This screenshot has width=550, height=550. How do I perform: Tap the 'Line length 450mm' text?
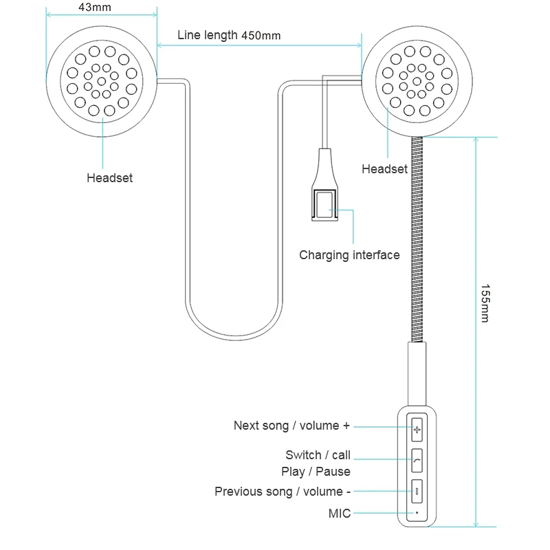pyautogui.click(x=228, y=35)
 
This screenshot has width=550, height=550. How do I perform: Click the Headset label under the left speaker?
pyautogui.click(x=109, y=178)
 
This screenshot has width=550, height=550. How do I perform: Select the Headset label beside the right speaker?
pyautogui.click(x=384, y=169)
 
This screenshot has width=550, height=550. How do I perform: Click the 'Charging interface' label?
pyautogui.click(x=349, y=255)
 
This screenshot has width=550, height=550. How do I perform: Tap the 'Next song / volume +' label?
pyautogui.click(x=291, y=426)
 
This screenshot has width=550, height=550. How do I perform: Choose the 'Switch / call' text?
pyautogui.click(x=318, y=455)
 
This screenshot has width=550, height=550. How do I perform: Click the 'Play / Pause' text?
pyautogui.click(x=316, y=472)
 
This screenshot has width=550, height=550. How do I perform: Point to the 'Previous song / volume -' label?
pyautogui.click(x=283, y=492)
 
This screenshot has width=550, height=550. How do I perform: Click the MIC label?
pyautogui.click(x=339, y=513)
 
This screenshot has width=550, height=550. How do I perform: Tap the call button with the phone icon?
pyautogui.click(x=417, y=459)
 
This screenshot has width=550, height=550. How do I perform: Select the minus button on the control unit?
pyautogui.click(x=417, y=491)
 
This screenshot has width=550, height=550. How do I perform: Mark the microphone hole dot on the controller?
pyautogui.click(x=417, y=512)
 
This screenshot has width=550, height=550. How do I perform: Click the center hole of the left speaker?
pyautogui.click(x=102, y=82)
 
